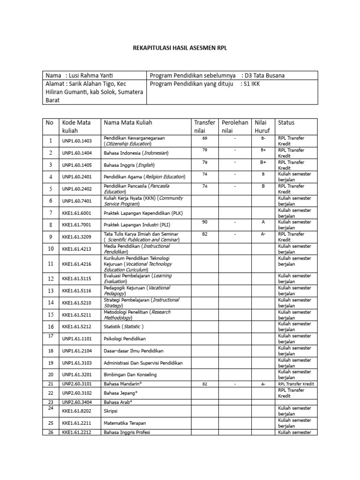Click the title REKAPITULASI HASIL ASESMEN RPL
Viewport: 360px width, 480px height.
coord(180,48)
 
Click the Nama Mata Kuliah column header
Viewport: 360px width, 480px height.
coord(127,123)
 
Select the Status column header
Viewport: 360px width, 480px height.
coord(286,123)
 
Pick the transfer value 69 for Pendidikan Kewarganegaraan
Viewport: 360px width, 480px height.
coord(205,139)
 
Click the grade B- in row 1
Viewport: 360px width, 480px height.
coord(263,139)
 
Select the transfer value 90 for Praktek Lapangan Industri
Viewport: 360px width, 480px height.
coord(205,222)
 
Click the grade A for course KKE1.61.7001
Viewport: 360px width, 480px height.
coord(263,222)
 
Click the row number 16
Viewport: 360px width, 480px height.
coord(51,327)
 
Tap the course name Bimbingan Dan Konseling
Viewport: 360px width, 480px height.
coord(130,375)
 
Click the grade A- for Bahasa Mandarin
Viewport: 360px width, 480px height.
coord(263,384)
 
